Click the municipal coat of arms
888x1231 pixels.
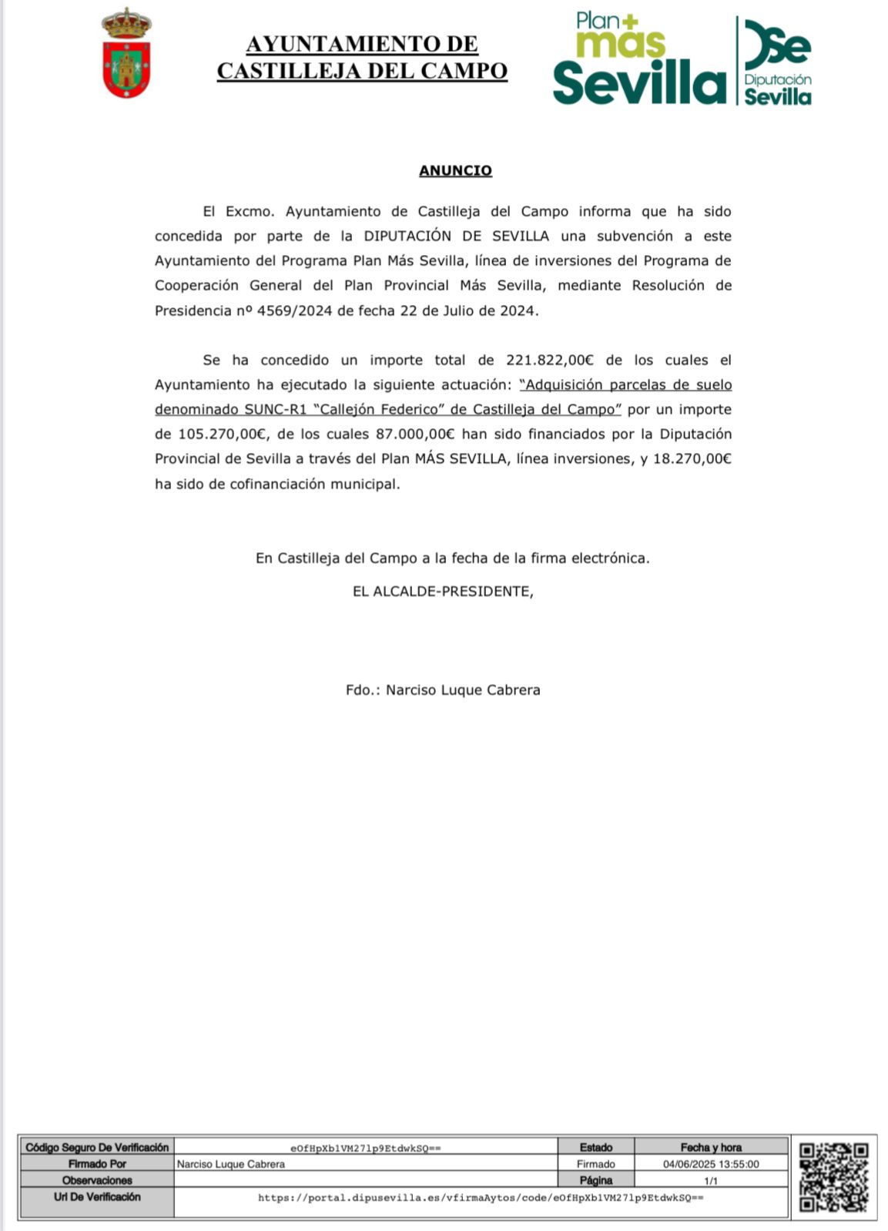(126, 53)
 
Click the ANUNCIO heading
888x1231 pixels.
(455, 170)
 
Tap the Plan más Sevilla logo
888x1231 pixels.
(638, 59)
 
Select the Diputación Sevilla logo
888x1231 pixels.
(777, 61)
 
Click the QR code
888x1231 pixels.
(833, 1177)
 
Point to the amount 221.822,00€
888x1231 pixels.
(550, 360)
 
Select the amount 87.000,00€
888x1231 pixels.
(415, 434)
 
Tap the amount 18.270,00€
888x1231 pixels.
(692, 458)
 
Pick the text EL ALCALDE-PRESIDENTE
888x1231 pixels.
(442, 592)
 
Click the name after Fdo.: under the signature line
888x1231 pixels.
(463, 690)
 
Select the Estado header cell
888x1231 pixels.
(596, 1147)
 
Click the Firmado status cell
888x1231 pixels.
(596, 1164)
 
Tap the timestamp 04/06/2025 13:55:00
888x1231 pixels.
(711, 1164)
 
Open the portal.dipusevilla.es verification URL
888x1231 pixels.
(481, 1198)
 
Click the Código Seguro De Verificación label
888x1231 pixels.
(97, 1147)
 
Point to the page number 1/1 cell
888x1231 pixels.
(711, 1180)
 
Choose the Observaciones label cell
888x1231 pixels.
(97, 1180)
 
